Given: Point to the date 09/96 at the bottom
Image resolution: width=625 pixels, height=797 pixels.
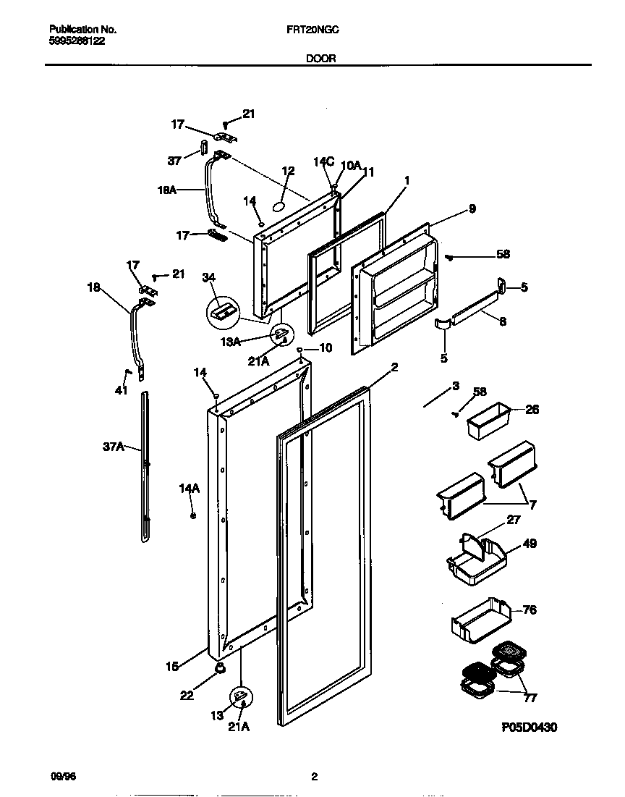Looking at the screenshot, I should (64, 777).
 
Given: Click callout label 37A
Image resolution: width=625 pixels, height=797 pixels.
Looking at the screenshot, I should (114, 449).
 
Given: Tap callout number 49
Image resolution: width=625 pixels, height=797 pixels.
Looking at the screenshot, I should (530, 544).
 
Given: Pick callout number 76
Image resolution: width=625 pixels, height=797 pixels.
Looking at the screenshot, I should (530, 610).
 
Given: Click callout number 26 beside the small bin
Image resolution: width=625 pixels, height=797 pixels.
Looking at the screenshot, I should (532, 410).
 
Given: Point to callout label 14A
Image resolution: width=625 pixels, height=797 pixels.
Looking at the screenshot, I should (189, 490).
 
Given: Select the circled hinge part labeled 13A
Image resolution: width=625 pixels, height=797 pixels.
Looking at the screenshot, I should (281, 335).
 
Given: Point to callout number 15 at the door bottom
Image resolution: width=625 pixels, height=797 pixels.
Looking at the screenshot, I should (172, 667).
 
